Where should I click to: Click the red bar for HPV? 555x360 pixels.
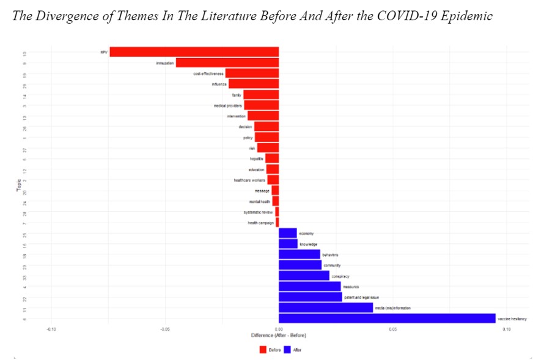click(194, 52)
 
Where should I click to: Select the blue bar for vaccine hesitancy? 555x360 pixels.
click(387, 318)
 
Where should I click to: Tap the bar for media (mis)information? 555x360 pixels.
click(326, 307)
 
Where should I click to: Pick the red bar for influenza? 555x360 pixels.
click(254, 84)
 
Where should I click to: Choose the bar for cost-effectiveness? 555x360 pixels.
click(252, 73)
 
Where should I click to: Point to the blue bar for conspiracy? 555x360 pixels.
click(304, 276)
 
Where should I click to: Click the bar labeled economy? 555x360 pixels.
click(288, 233)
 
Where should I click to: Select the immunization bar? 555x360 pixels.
click(227, 62)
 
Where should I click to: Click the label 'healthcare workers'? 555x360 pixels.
click(249, 180)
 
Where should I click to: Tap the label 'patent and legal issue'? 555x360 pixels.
click(362, 297)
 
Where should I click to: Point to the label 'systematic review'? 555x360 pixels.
click(259, 212)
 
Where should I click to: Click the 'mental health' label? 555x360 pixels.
click(260, 201)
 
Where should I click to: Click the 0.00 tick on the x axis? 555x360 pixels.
click(279, 329)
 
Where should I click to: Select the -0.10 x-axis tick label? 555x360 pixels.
click(51, 329)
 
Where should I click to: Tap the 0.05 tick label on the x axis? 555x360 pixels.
click(392, 329)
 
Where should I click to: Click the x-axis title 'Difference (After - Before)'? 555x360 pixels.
click(279, 336)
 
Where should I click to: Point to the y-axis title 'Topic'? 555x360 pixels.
click(19, 185)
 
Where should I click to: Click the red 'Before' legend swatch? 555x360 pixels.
click(263, 350)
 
